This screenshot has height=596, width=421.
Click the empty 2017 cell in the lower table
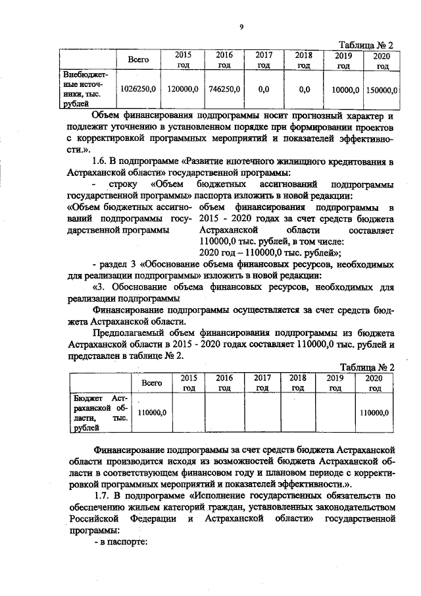tap(262, 412)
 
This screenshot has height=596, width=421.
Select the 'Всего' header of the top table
tap(139, 60)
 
